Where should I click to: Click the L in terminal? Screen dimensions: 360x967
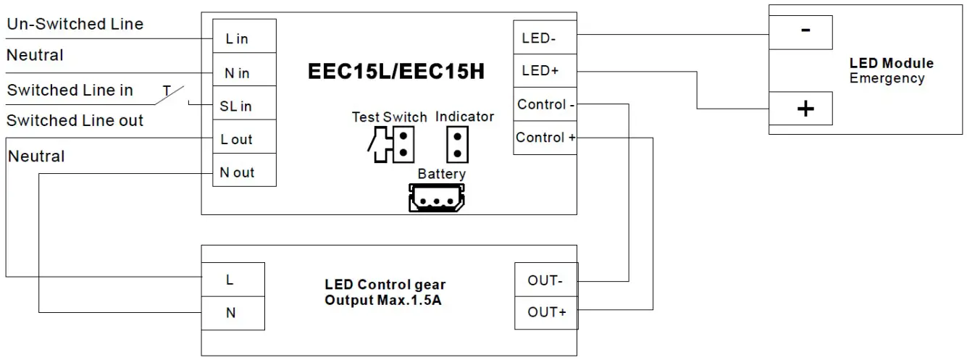[x=243, y=38]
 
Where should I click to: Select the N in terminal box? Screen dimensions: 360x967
[x=243, y=72]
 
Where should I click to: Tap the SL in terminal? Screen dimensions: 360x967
[x=243, y=106]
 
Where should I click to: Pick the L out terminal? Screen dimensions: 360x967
[x=243, y=139]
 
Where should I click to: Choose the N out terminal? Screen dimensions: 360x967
[x=243, y=172]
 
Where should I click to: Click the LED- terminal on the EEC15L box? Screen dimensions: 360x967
[x=545, y=38]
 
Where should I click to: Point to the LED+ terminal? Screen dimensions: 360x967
[x=545, y=71]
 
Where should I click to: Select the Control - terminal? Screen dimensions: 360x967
[x=545, y=104]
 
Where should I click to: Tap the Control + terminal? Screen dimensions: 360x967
[x=545, y=138]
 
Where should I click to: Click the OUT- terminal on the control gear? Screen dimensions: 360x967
[x=545, y=280]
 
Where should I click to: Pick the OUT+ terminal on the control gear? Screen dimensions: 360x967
[x=545, y=313]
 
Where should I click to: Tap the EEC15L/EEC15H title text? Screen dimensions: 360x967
[x=396, y=72]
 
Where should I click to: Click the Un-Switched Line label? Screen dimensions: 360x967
[x=75, y=24]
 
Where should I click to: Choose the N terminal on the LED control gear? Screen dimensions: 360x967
[x=233, y=313]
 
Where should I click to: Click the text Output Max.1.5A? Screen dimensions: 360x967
[x=383, y=300]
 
